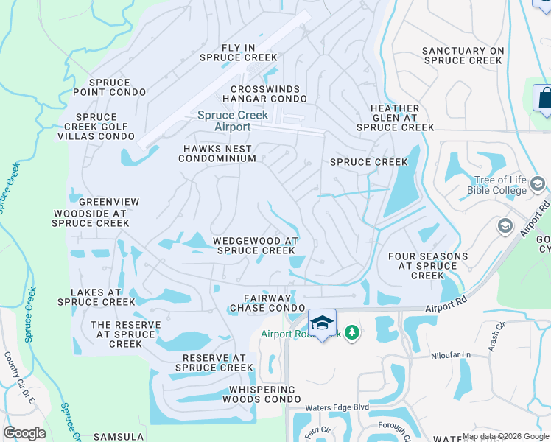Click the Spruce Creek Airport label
point(232,121)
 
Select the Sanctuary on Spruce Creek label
point(463,55)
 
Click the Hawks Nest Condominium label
point(219,152)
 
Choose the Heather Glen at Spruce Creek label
point(395,117)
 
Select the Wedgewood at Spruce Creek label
point(255,245)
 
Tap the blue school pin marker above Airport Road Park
point(322,323)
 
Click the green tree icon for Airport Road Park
point(353,334)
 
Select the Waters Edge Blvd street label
point(337,407)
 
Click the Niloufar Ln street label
point(450,355)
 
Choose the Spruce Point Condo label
point(109,87)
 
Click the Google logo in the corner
point(24,433)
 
